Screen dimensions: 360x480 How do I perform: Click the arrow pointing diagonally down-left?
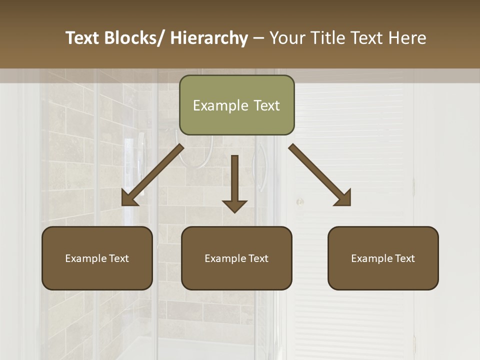[152, 175]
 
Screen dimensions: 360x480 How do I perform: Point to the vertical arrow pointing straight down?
[234, 183]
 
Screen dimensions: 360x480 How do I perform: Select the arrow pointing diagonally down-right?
[319, 175]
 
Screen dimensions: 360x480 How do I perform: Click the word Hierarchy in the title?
[209, 38]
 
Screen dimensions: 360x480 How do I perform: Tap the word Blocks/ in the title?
[134, 38]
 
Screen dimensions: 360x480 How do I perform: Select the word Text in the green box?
[266, 105]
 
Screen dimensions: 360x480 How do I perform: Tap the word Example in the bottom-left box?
[85, 258]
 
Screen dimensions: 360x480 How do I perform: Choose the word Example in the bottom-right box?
[371, 258]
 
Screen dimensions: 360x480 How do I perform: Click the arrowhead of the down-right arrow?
[344, 199]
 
